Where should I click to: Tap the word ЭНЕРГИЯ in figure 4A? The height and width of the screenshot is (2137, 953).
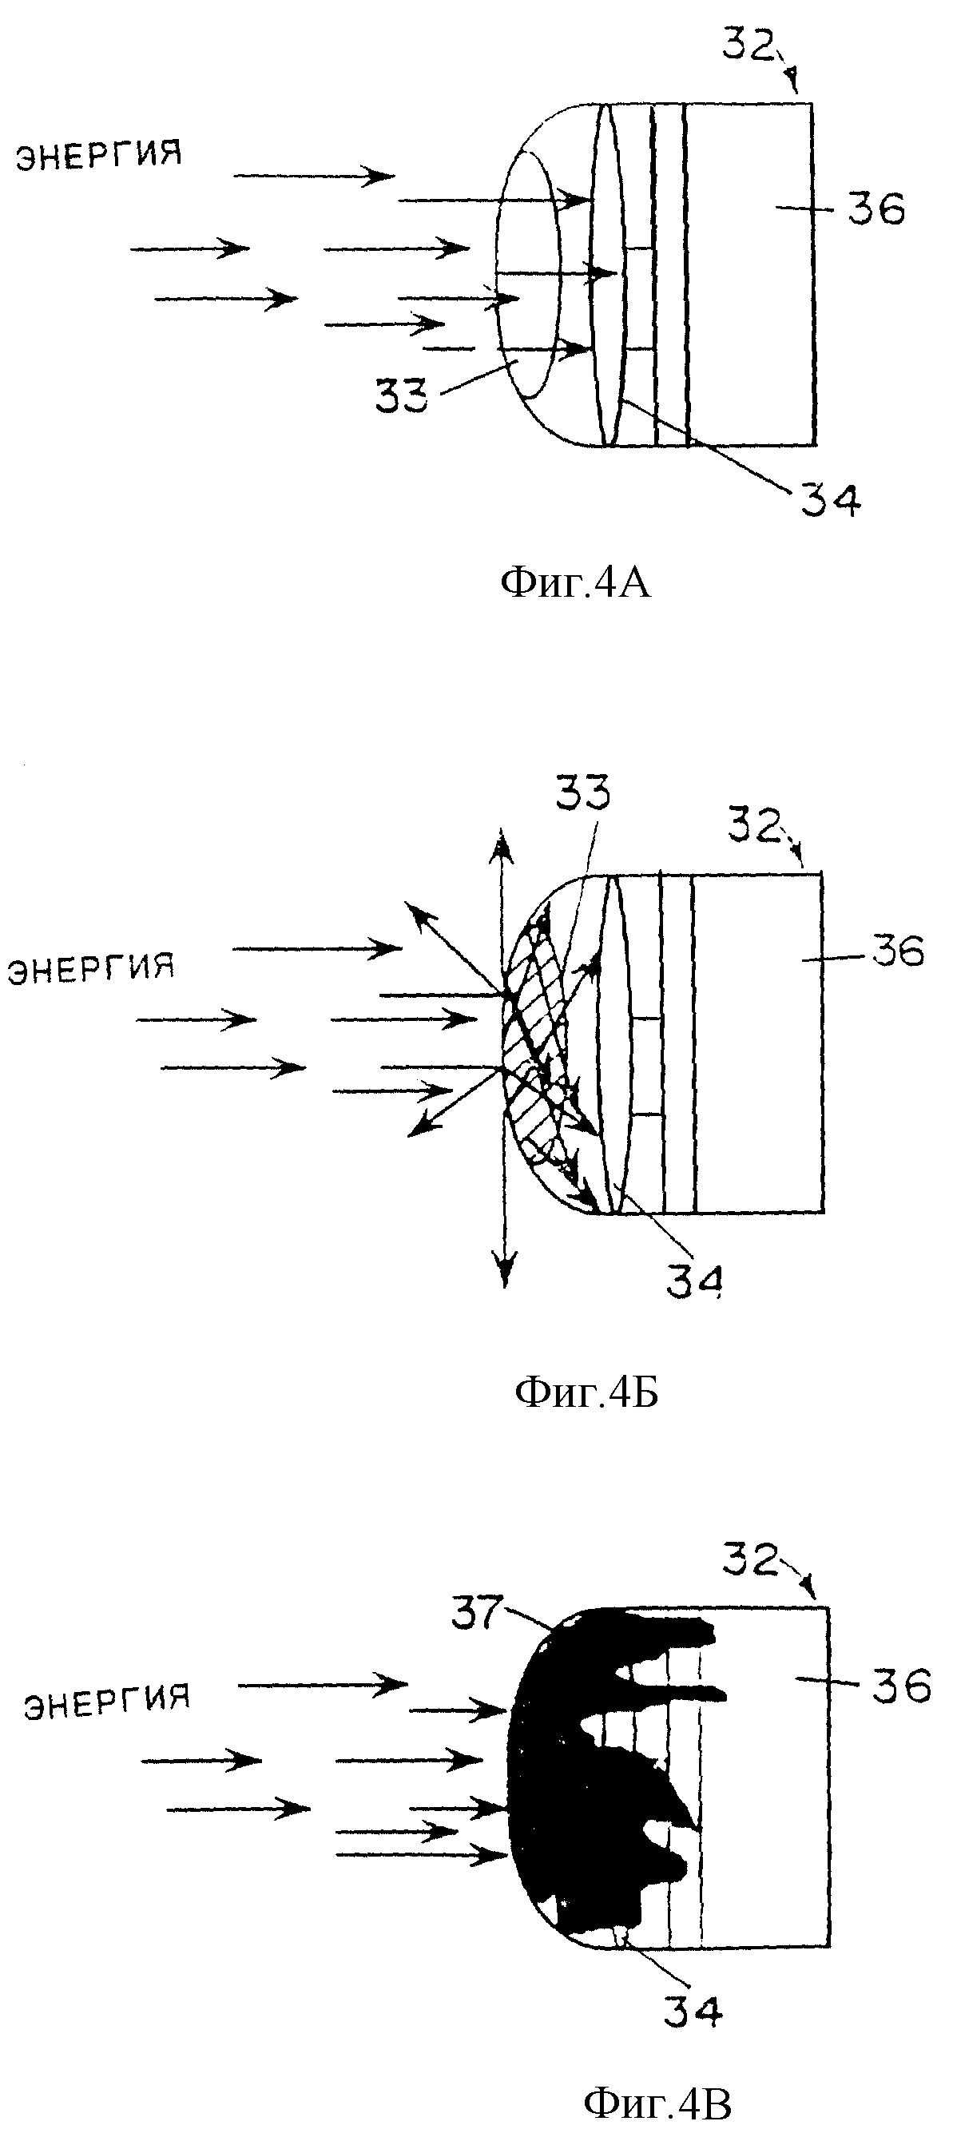tap(100, 155)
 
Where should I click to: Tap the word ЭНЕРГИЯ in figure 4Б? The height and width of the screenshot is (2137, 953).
tap(90, 968)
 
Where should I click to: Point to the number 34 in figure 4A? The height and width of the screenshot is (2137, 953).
tap(830, 499)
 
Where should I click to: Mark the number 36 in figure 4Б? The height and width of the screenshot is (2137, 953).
tap(898, 951)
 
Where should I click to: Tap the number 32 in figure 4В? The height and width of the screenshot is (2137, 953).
tap(751, 1559)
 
